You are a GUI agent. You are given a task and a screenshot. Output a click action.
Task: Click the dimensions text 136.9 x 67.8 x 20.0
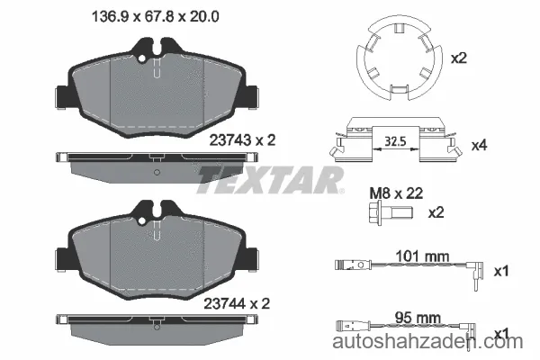tap(156, 16)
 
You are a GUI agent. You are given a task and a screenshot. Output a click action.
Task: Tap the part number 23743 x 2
tap(242, 140)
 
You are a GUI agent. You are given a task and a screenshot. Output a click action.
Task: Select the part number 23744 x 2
tap(237, 303)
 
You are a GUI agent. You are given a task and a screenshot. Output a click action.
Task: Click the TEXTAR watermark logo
tap(270, 179)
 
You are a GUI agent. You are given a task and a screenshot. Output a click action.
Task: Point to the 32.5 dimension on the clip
tap(395, 141)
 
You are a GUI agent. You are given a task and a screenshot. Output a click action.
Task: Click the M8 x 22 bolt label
tap(396, 193)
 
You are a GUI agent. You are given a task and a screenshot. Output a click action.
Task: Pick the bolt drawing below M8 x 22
tap(390, 213)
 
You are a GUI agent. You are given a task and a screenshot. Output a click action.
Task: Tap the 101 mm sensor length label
tap(422, 256)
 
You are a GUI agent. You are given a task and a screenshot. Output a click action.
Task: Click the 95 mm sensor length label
tap(418, 318)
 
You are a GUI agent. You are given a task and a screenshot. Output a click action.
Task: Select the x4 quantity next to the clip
tap(480, 146)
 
